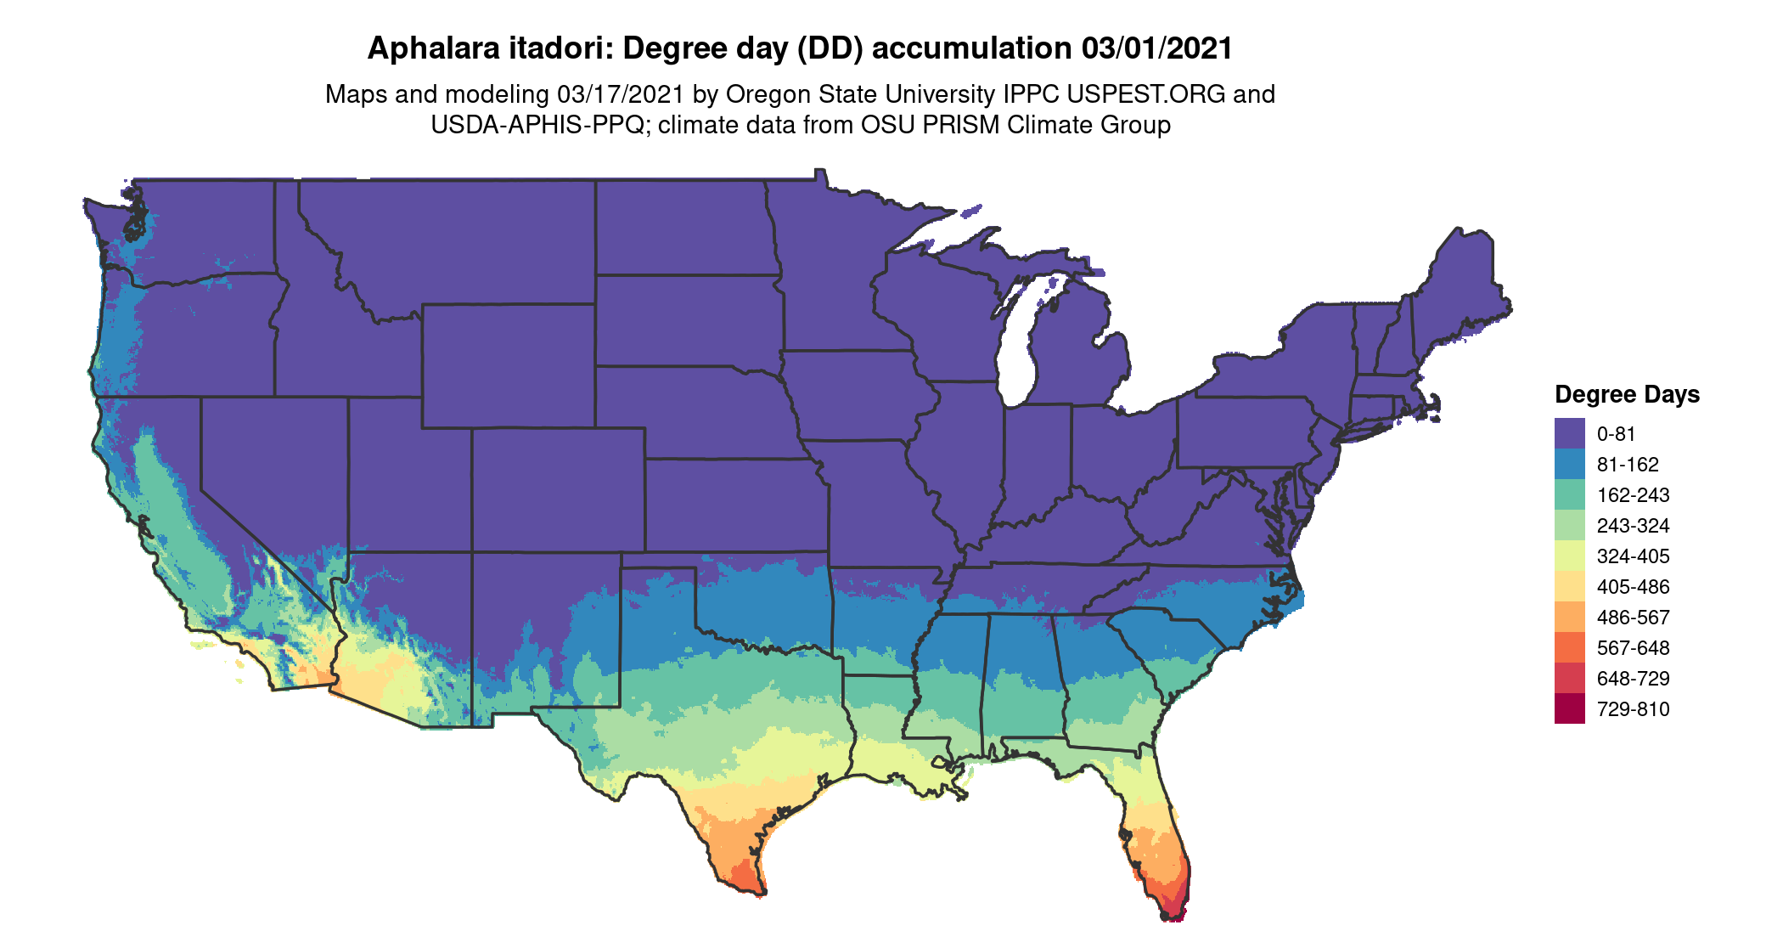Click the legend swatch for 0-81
[x=1569, y=433]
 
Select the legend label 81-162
[x=1627, y=465]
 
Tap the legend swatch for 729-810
[x=1569, y=708]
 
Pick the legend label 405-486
[x=1633, y=587]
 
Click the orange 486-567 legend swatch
[x=1569, y=617]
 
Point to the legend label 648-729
[x=1633, y=679]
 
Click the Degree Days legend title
[x=1627, y=394]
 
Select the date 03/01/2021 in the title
[x=1157, y=48]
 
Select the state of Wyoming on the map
[x=508, y=365]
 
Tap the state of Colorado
[x=558, y=490]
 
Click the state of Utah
[x=408, y=476]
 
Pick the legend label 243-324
[x=1633, y=526]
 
